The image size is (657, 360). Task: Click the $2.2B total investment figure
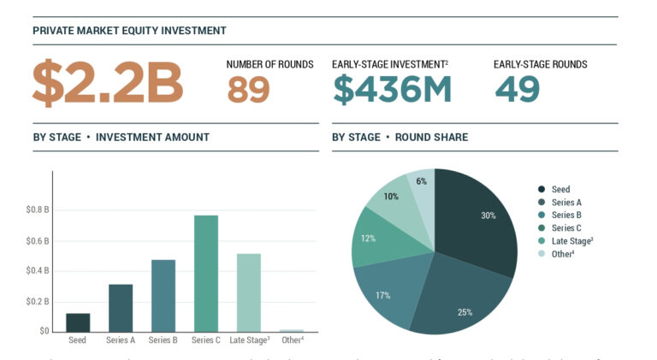pyautogui.click(x=108, y=83)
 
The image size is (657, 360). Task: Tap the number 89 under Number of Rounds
pyautogui.click(x=249, y=89)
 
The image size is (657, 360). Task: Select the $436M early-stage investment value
pyautogui.click(x=393, y=89)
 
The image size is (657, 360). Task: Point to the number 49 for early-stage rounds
pyautogui.click(x=517, y=89)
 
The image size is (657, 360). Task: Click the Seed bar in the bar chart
pyautogui.click(x=78, y=322)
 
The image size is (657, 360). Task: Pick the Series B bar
pyautogui.click(x=163, y=295)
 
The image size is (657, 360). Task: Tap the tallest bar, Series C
pyautogui.click(x=206, y=273)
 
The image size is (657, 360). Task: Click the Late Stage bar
pyautogui.click(x=249, y=292)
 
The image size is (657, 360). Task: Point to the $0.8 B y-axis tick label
pyautogui.click(x=38, y=210)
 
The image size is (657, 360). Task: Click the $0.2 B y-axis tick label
pyautogui.click(x=38, y=301)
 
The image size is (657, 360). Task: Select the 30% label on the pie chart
pyautogui.click(x=488, y=215)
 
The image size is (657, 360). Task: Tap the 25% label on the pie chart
pyautogui.click(x=465, y=312)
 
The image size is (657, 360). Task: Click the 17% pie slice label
pyautogui.click(x=382, y=295)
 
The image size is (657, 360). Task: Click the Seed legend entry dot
pyautogui.click(x=542, y=190)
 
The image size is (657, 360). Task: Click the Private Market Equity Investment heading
pyautogui.click(x=129, y=31)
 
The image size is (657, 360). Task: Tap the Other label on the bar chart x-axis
pyautogui.click(x=292, y=340)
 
